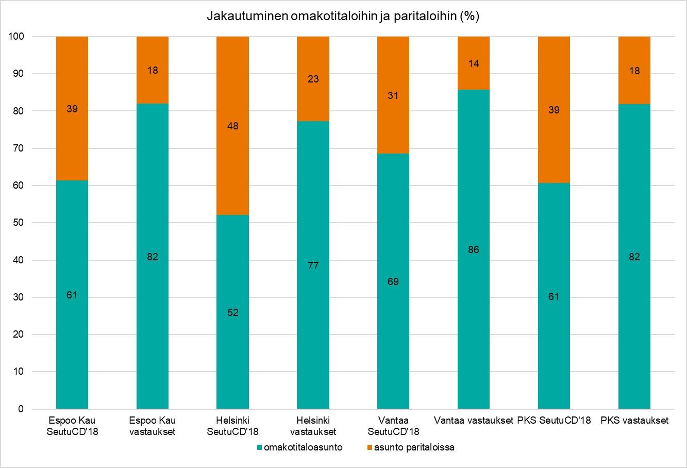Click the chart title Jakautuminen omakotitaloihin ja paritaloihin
coord(343,16)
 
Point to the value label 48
coord(233,126)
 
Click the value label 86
coord(474,250)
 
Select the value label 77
coord(313,266)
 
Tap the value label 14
coord(474,64)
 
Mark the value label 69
coord(393,281)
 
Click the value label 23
coord(313,79)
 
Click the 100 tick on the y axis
coord(16,37)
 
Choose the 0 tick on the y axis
coord(21,409)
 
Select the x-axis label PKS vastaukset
coord(634,421)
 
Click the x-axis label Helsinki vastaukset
coord(313,426)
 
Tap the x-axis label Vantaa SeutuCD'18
coord(393,426)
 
